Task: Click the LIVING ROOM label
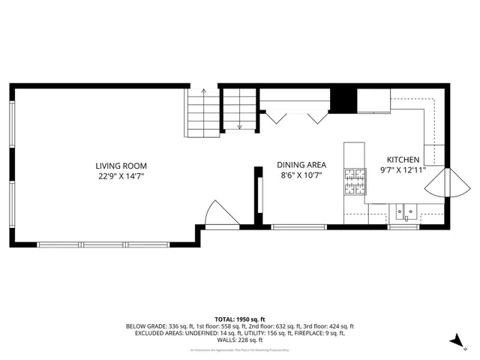pyautogui.click(x=121, y=166)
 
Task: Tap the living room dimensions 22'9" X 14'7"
pyautogui.click(x=121, y=176)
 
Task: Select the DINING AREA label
pyautogui.click(x=301, y=165)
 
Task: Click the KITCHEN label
pyautogui.click(x=403, y=160)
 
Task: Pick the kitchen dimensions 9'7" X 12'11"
pyautogui.click(x=403, y=170)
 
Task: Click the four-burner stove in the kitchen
pyautogui.click(x=355, y=180)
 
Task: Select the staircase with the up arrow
pyautogui.click(x=202, y=112)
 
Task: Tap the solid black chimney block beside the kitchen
pyautogui.click(x=343, y=100)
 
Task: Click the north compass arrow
pyautogui.click(x=454, y=342)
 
